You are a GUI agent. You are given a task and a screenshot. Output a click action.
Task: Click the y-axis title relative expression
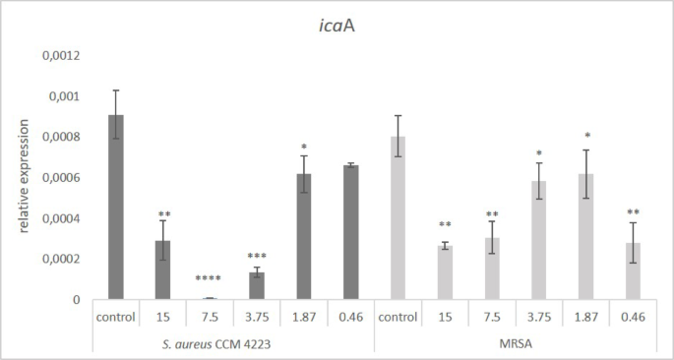[x=22, y=178]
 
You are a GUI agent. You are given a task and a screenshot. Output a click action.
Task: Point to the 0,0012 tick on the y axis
[x=61, y=56]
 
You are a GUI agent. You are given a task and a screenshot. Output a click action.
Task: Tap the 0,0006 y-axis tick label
[x=61, y=178]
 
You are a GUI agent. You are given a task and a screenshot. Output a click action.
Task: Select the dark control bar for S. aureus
[x=116, y=208]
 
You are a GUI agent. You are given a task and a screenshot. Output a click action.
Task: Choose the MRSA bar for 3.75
[x=538, y=241]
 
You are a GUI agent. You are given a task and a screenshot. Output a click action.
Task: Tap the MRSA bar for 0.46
[x=632, y=271]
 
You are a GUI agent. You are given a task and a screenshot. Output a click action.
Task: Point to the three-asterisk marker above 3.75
[x=256, y=255]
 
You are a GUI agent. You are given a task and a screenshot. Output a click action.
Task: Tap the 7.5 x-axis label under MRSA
[x=491, y=318]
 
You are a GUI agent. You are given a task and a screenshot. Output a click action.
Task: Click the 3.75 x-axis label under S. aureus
[x=256, y=318]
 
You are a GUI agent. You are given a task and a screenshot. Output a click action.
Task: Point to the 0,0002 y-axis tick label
[x=61, y=260]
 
